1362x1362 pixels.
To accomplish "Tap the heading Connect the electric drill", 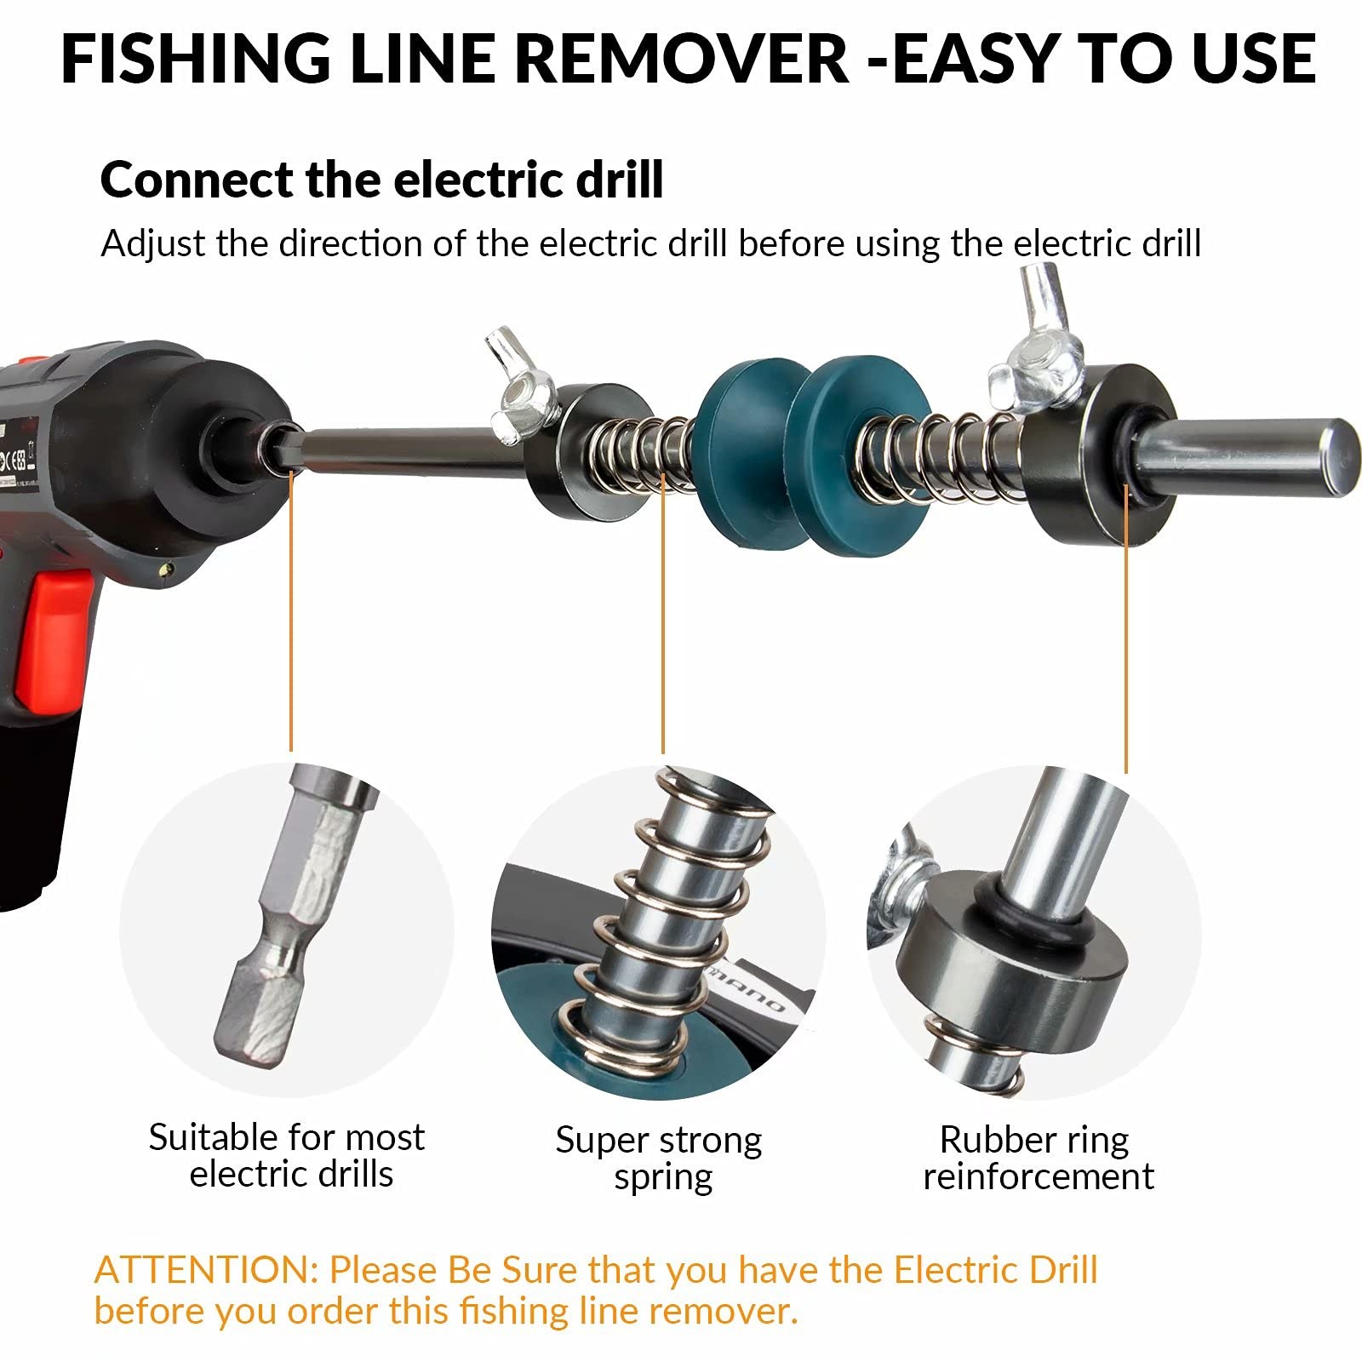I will [381, 180].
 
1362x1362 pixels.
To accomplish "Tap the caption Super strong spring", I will [660, 1158].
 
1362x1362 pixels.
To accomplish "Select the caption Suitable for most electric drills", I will [287, 1155].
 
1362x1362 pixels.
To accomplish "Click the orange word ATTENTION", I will [204, 1270].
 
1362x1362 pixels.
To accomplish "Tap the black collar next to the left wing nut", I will [587, 455].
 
